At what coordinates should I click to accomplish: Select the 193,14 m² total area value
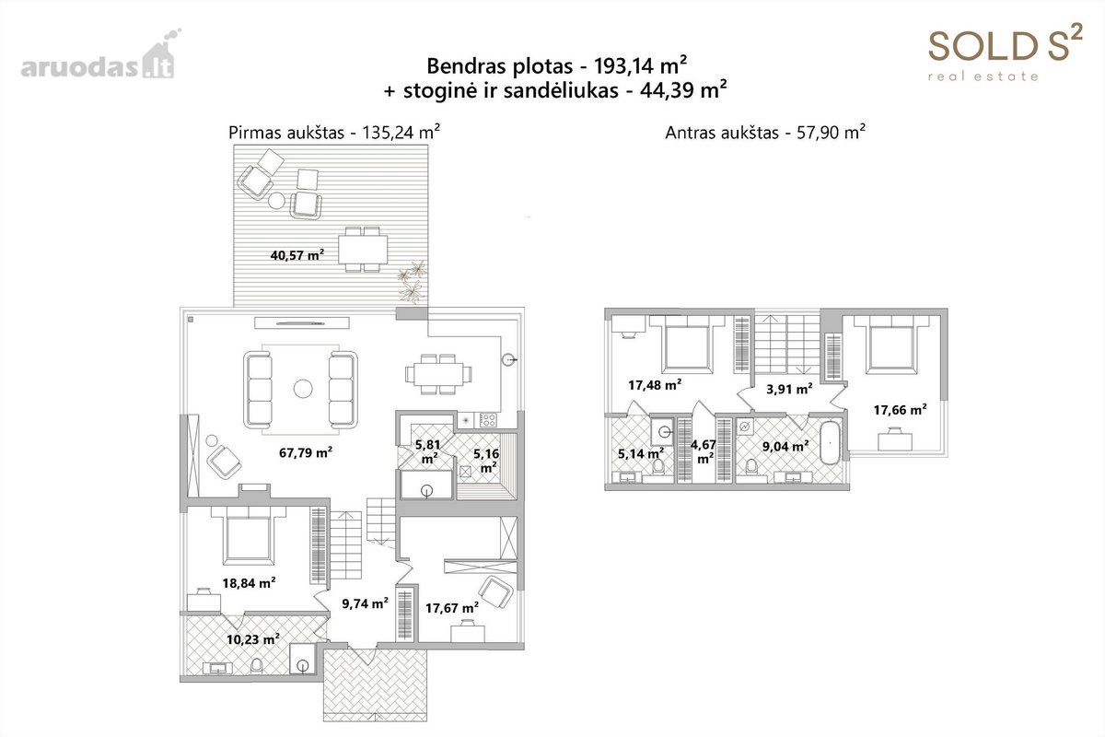pos(640,65)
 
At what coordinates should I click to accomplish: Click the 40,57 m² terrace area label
pos(297,255)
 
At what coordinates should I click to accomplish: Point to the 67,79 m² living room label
pos(306,452)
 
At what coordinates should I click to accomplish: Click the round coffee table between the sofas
pos(303,389)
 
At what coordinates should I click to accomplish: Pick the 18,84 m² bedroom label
pos(249,583)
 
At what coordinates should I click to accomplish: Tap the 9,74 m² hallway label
pos(365,602)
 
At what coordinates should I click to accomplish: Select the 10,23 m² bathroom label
pos(253,639)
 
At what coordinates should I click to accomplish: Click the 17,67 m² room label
pos(452,608)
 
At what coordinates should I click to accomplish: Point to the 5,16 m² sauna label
pos(486,460)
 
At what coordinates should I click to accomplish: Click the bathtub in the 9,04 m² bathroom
pos(831,442)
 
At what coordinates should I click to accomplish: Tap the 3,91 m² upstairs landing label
pos(789,389)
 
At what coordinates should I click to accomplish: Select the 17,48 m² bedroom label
pos(655,384)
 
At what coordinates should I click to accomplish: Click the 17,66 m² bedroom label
pos(900,410)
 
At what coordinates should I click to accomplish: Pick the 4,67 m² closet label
pos(704,451)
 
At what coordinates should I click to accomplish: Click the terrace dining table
pos(363,250)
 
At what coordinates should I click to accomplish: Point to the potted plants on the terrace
pos(413,282)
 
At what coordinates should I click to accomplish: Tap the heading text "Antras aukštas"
pos(722,134)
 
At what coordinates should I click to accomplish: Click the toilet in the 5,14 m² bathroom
pos(657,467)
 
